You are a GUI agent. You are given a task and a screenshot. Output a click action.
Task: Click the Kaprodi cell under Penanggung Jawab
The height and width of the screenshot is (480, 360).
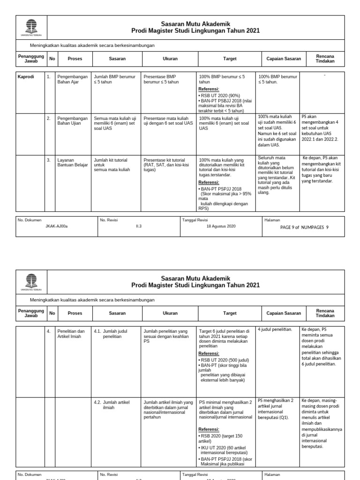click(x=26, y=76)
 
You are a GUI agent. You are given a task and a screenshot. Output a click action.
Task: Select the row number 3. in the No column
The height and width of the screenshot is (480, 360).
click(x=48, y=160)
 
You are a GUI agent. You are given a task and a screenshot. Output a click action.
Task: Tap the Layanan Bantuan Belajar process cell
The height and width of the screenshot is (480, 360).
click(x=72, y=163)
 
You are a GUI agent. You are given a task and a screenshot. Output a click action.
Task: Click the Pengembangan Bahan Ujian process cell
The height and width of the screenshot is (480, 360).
click(x=72, y=121)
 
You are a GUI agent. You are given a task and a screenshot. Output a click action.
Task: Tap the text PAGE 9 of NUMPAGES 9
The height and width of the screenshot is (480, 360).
click(x=304, y=226)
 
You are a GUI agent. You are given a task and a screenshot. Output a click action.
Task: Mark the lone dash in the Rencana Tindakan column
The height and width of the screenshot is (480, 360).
click(x=324, y=75)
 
